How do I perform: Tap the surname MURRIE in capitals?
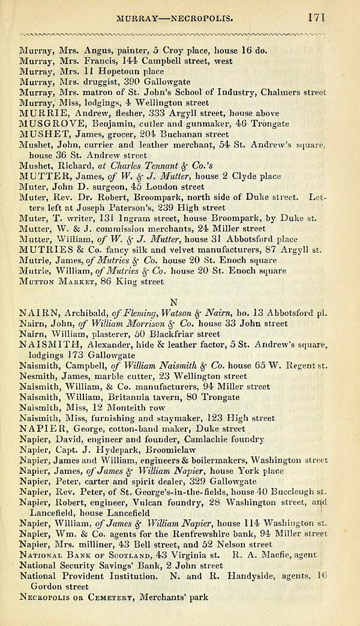coord(40,113)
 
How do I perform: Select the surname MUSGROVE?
coord(47,124)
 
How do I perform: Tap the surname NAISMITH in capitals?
coord(46,345)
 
